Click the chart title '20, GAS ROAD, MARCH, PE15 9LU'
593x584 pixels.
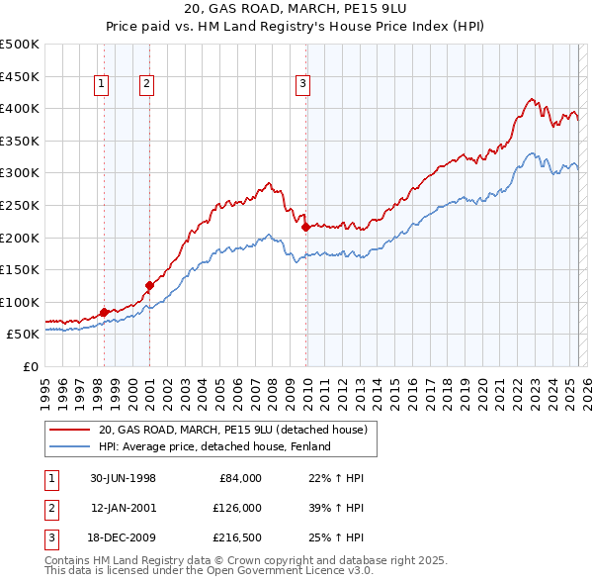pyautogui.click(x=296, y=10)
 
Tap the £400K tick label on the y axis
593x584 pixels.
pyautogui.click(x=21, y=108)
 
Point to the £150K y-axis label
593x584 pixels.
pyautogui.click(x=21, y=269)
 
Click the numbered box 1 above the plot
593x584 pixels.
pyautogui.click(x=103, y=85)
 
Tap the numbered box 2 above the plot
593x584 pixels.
pyautogui.click(x=146, y=85)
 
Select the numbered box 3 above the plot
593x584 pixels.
pyautogui.click(x=302, y=85)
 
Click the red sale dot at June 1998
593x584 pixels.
pyautogui.click(x=104, y=313)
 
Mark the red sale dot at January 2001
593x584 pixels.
pyautogui.click(x=149, y=285)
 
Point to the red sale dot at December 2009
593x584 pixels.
pyautogui.click(x=305, y=227)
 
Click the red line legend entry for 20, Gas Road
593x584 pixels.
pyautogui.click(x=233, y=430)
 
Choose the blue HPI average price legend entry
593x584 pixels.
pyautogui.click(x=213, y=446)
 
